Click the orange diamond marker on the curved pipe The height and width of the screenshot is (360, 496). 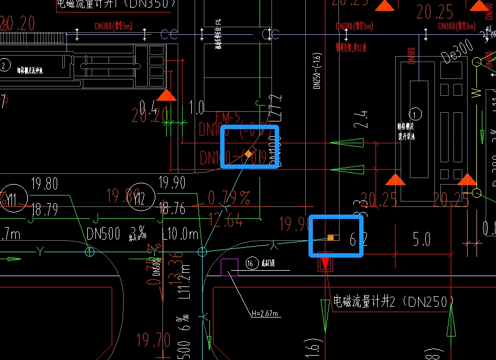pos(249,154)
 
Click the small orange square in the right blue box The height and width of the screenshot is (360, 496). pos(330,237)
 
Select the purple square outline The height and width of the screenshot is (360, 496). pos(229,267)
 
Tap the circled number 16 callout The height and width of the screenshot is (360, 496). pos(251,264)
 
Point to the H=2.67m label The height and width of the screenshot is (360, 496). pos(265,314)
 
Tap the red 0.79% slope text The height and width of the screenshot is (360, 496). pos(229,197)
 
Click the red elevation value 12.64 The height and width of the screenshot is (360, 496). pos(225,221)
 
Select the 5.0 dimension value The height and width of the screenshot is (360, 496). pos(421,239)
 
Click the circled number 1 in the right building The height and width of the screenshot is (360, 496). pos(416,114)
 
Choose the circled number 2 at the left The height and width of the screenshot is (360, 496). pos(5,66)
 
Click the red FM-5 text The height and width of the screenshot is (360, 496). pos(227,118)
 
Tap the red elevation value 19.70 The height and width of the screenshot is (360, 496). pos(153,341)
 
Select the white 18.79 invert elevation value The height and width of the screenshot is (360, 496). pos(45,209)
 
